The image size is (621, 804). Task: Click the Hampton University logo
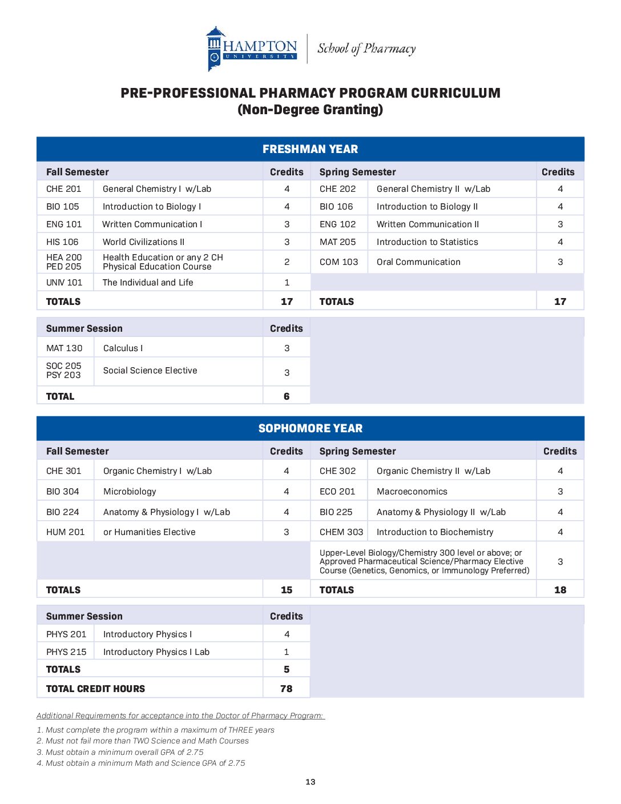252,49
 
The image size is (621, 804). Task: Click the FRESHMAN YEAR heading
310,149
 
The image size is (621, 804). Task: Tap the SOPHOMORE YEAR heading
310,428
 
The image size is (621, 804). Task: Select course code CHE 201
64,189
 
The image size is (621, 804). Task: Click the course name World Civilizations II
143,242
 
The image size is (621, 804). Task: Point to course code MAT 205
337,242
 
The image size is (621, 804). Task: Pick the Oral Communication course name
418,262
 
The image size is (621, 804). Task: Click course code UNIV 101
64,283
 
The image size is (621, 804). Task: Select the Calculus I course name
123,348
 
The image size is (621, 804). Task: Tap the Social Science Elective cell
150,371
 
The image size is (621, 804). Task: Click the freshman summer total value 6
287,396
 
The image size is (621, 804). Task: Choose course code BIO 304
63,492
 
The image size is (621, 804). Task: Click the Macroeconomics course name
412,492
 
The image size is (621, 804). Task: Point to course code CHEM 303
341,532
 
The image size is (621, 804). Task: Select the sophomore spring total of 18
560,590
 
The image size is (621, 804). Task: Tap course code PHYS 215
66,652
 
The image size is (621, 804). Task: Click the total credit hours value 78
287,689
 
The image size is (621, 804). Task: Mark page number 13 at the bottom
310,782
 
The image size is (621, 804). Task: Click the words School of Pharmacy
366,49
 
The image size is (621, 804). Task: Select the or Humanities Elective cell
149,532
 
